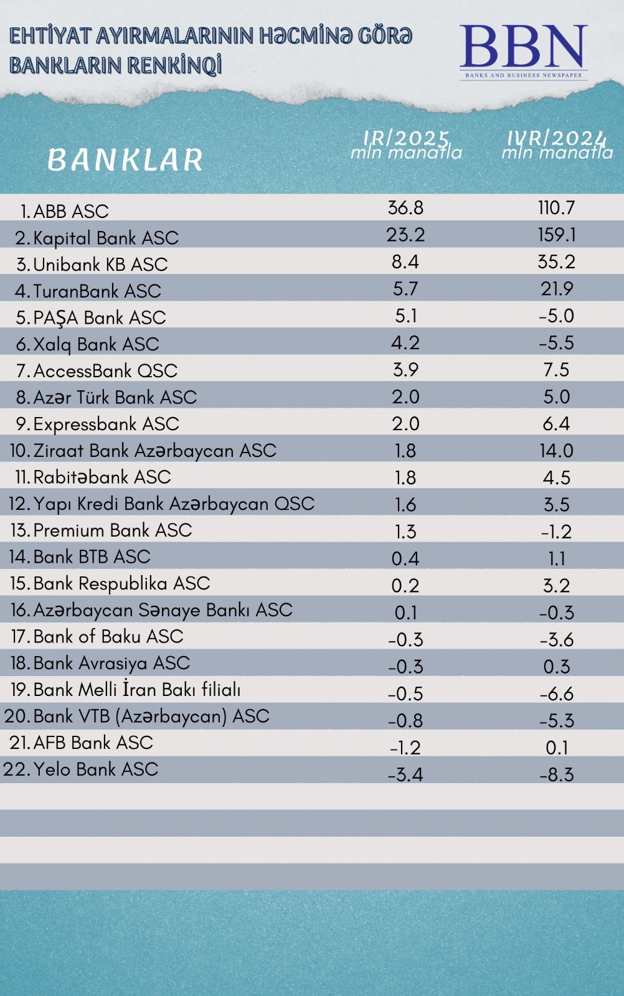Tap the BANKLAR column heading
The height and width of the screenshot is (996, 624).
click(125, 159)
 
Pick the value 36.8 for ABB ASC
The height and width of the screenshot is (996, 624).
click(405, 208)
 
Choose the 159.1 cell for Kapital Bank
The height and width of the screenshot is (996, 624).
click(557, 235)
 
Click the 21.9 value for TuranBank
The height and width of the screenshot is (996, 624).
click(557, 289)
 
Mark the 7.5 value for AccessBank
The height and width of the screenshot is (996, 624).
click(557, 370)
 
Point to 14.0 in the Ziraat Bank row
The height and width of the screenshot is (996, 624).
click(557, 451)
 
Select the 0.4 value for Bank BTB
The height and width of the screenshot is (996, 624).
click(405, 558)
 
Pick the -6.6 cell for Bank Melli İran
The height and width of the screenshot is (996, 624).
click(557, 693)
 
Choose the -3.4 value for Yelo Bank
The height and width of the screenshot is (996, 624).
click(405, 774)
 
